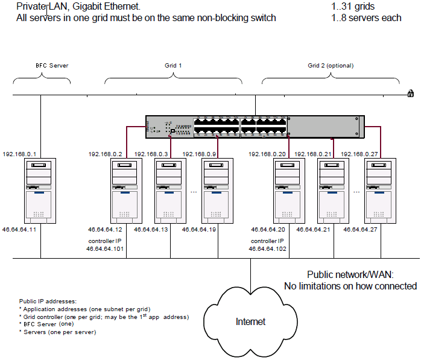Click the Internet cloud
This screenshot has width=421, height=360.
(x=250, y=321)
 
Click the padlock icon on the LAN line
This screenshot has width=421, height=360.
(x=410, y=93)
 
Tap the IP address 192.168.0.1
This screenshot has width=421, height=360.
(x=19, y=154)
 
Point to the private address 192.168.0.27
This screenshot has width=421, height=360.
(x=360, y=154)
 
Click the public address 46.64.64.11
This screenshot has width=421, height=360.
(x=19, y=230)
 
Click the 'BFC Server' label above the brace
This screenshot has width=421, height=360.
(x=40, y=65)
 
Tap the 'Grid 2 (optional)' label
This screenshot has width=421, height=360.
(x=331, y=65)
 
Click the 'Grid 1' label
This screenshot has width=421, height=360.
(x=173, y=65)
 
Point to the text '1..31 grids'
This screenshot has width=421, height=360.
(x=353, y=7)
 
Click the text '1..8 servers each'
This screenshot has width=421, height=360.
(x=366, y=18)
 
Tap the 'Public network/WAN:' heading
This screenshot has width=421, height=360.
(x=355, y=274)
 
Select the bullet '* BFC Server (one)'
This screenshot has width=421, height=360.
(x=45, y=324)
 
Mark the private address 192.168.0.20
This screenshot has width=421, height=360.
(x=267, y=154)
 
